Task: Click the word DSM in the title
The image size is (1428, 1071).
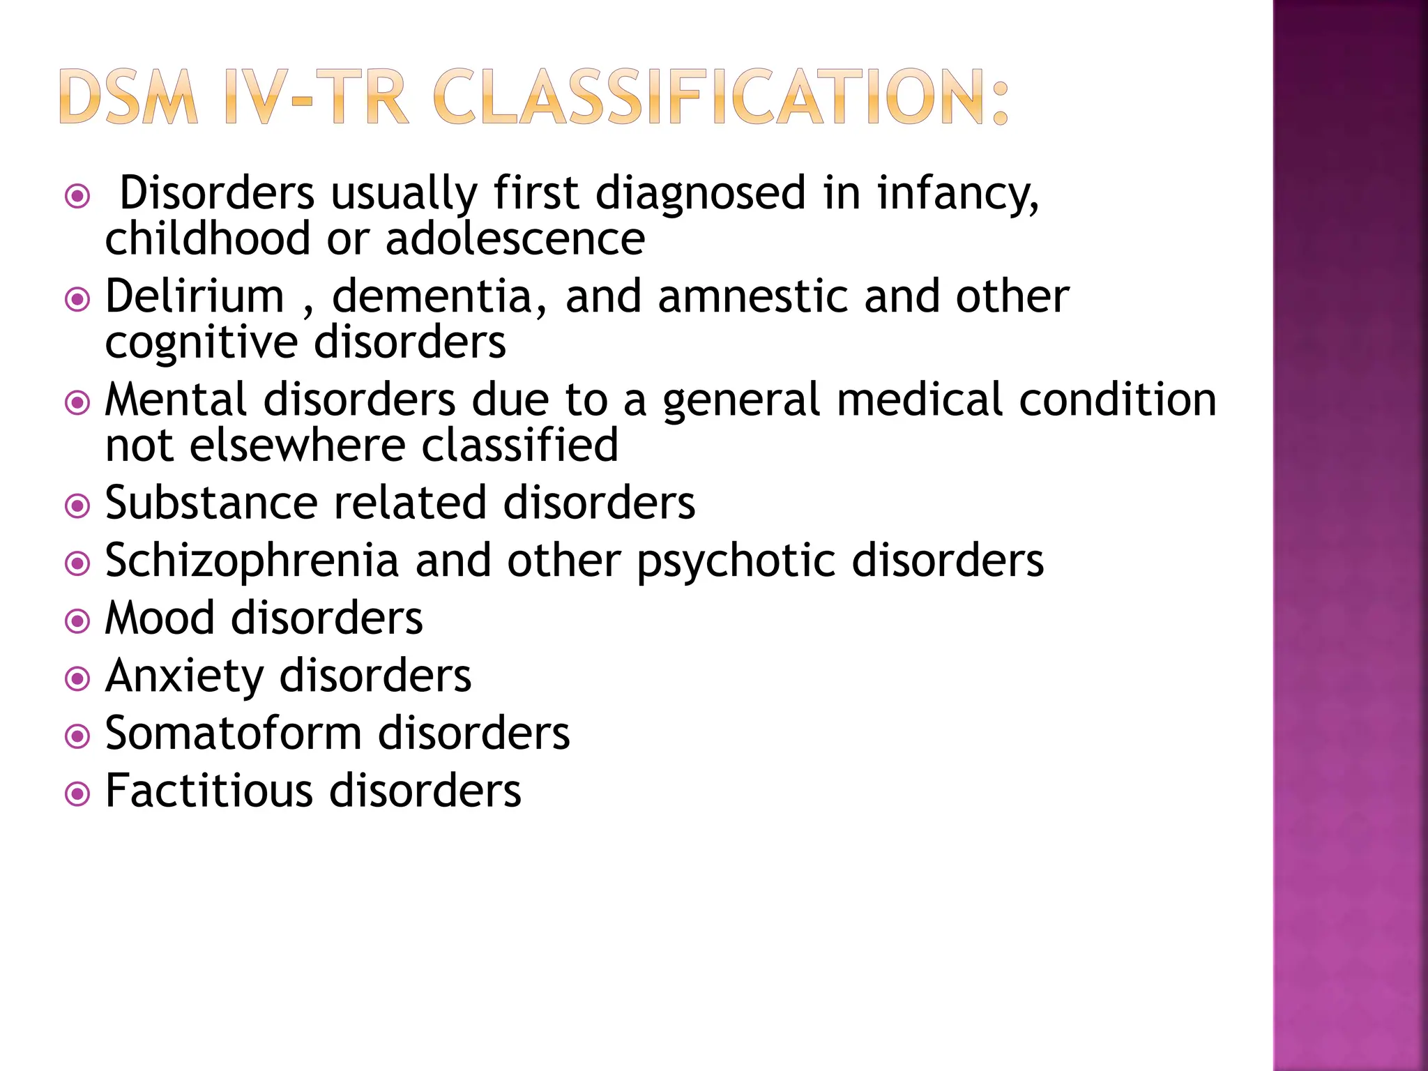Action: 129,97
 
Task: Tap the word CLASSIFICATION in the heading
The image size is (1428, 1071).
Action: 721,97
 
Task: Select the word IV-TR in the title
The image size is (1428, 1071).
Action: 317,97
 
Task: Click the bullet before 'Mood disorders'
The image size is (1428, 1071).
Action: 77,621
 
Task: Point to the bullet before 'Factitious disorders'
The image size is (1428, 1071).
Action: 77,793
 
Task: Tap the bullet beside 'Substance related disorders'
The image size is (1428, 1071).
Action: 77,506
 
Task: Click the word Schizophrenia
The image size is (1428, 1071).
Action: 252,561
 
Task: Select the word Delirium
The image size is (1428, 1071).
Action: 195,296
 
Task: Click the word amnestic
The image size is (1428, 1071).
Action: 752,296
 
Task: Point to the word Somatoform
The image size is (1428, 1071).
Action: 233,734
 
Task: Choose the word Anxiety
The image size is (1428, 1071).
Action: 185,677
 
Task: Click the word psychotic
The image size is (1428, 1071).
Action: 736,561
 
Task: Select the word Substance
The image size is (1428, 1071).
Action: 211,503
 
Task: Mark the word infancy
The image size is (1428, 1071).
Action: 957,194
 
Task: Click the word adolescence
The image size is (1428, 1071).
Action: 515,239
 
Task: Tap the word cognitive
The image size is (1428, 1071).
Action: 201,343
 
